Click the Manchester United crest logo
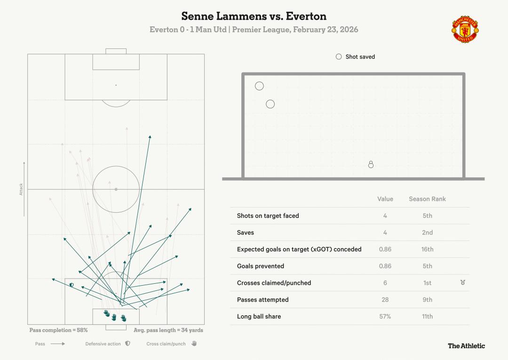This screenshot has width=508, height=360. click(465, 29)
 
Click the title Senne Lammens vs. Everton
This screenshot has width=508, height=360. click(254, 16)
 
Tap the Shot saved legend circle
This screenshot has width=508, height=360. click(339, 56)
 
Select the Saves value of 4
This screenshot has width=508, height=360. click(385, 232)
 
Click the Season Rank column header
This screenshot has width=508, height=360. click(427, 199)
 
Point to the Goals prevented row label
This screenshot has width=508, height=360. click(260, 266)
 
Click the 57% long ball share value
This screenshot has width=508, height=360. click(385, 316)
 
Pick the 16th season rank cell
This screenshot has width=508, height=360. click(427, 249)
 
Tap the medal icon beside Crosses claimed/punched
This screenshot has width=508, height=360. click(463, 282)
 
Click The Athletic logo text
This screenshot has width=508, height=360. click(466, 346)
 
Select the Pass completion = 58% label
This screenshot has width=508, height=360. click(58, 330)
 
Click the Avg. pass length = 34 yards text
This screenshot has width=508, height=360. click(168, 330)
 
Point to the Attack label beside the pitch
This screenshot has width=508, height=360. click(21, 189)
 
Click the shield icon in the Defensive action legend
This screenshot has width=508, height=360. click(127, 344)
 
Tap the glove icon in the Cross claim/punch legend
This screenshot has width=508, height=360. click(194, 344)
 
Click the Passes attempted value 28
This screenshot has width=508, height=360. click(385, 300)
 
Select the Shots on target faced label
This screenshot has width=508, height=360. click(268, 216)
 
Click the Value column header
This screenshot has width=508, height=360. click(385, 199)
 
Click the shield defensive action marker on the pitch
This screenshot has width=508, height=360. click(71, 285)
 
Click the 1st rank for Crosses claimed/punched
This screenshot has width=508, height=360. click(427, 283)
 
